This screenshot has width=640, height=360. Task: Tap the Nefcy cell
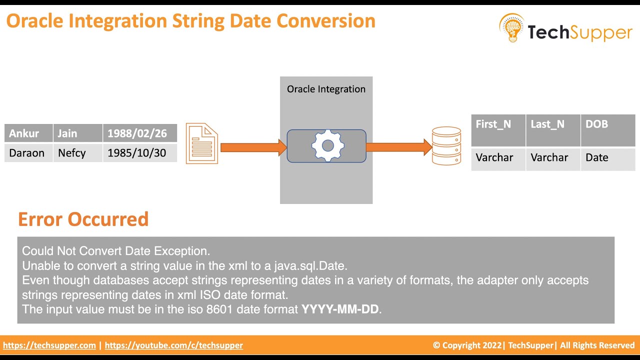click(x=71, y=153)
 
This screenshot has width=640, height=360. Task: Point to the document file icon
click(x=202, y=144)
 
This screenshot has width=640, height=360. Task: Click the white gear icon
click(x=327, y=146)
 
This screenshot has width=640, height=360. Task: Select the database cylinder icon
click(x=446, y=145)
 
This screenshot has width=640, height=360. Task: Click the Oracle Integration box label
click(x=326, y=89)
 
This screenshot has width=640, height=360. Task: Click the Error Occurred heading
click(x=83, y=219)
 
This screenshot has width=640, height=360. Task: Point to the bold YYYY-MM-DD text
click(x=340, y=309)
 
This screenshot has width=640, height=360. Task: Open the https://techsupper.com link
click(x=49, y=345)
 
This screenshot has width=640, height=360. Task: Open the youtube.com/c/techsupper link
click(x=173, y=345)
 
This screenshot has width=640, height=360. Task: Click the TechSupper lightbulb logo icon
click(x=511, y=28)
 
